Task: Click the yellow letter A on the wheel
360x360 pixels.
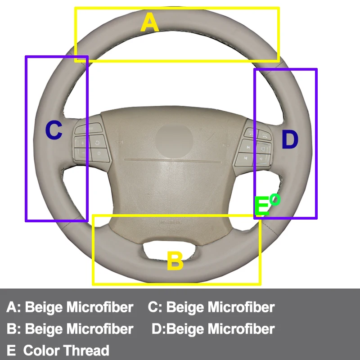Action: click(x=150, y=22)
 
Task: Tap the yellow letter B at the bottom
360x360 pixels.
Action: click(x=175, y=261)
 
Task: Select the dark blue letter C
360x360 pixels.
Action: click(x=54, y=131)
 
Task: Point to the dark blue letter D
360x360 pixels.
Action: click(x=290, y=140)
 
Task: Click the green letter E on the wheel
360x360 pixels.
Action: click(x=261, y=207)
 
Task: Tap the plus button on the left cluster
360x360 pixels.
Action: click(x=83, y=142)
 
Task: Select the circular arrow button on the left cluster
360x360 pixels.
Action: click(x=97, y=142)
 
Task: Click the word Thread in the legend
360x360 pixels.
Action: click(x=86, y=350)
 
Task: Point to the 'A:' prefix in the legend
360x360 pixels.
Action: click(x=13, y=307)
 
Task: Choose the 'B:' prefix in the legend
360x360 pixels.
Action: click(x=13, y=328)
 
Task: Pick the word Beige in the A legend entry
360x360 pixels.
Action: click(x=44, y=307)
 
